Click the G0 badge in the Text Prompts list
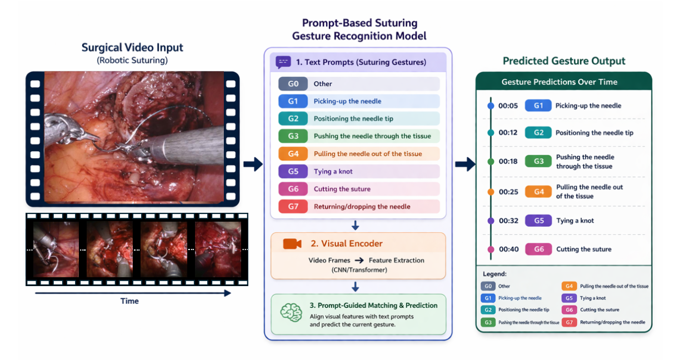tap(293, 84)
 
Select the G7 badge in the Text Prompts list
tap(293, 207)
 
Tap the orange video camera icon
tap(292, 244)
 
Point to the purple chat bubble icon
tap(283, 62)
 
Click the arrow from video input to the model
tap(253, 164)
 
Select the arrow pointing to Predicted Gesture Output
tap(465, 164)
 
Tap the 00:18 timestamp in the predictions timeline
tap(508, 162)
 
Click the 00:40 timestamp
tap(508, 249)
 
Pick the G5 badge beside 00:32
tap(538, 221)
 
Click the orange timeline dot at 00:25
tap(491, 192)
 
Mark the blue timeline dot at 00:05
tap(491, 106)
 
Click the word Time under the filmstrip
tap(129, 301)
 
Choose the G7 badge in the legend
tap(569, 322)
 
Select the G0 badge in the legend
tap(488, 287)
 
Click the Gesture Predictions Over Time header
tap(559, 82)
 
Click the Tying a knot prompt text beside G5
tap(333, 171)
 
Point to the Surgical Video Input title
tap(132, 48)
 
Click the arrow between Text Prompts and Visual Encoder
tap(356, 226)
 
